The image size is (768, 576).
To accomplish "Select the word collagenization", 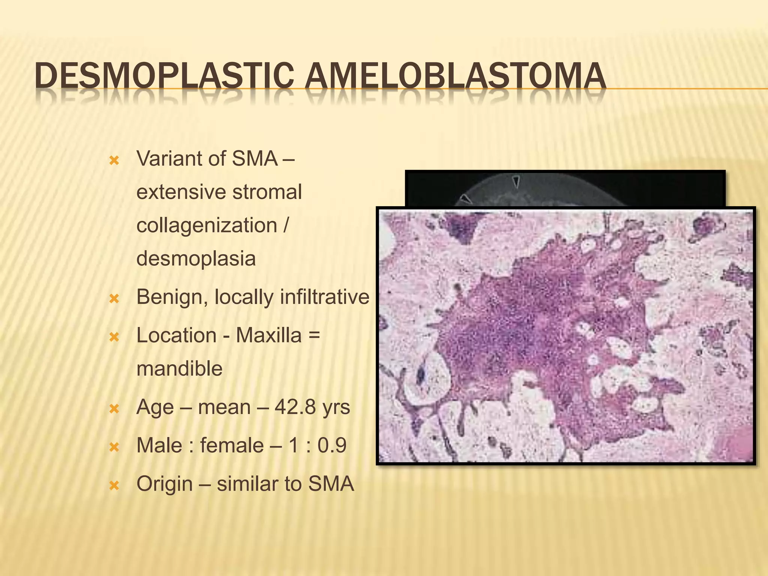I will point(207,225).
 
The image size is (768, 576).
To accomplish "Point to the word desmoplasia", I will point(196,258).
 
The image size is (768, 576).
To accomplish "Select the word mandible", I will point(179,369).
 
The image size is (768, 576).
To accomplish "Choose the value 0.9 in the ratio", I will point(332,445).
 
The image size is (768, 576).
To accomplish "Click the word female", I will point(232,445).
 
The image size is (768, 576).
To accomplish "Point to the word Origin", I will point(165,484).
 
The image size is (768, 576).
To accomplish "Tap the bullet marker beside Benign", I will point(114,299).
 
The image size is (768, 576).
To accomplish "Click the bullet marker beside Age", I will point(114,409).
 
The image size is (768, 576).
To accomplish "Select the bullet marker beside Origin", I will point(114,486).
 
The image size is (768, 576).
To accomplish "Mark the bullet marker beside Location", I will point(114,337).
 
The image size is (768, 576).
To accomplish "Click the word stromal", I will point(267,192).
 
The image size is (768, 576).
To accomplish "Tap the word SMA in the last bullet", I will point(331,484).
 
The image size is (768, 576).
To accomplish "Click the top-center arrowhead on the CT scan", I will point(516,181).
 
